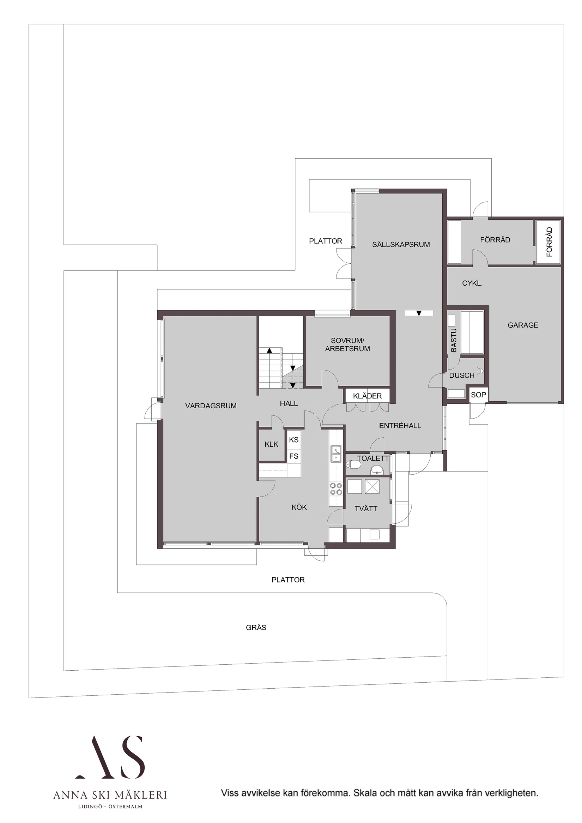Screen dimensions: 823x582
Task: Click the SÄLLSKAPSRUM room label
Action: pyautogui.click(x=401, y=244)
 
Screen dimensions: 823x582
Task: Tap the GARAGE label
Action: pyautogui.click(x=522, y=325)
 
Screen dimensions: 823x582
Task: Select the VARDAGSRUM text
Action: pyautogui.click(x=211, y=406)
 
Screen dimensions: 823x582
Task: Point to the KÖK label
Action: pyautogui.click(x=299, y=507)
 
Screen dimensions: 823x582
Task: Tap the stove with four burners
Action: pyautogui.click(x=336, y=489)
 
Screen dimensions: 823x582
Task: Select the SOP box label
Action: pyautogui.click(x=478, y=395)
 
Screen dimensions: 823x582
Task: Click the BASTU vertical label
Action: pyautogui.click(x=454, y=340)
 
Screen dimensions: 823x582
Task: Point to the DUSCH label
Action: pyautogui.click(x=461, y=375)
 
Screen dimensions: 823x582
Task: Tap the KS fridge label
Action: pyautogui.click(x=294, y=440)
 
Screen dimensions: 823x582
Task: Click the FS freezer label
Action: pyautogui.click(x=294, y=456)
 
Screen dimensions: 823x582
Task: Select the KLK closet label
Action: pyautogui.click(x=272, y=445)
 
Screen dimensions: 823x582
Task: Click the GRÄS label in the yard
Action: pyautogui.click(x=256, y=627)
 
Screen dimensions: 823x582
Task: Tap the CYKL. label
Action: pyautogui.click(x=472, y=283)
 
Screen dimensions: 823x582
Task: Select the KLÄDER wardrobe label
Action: pyautogui.click(x=367, y=396)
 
